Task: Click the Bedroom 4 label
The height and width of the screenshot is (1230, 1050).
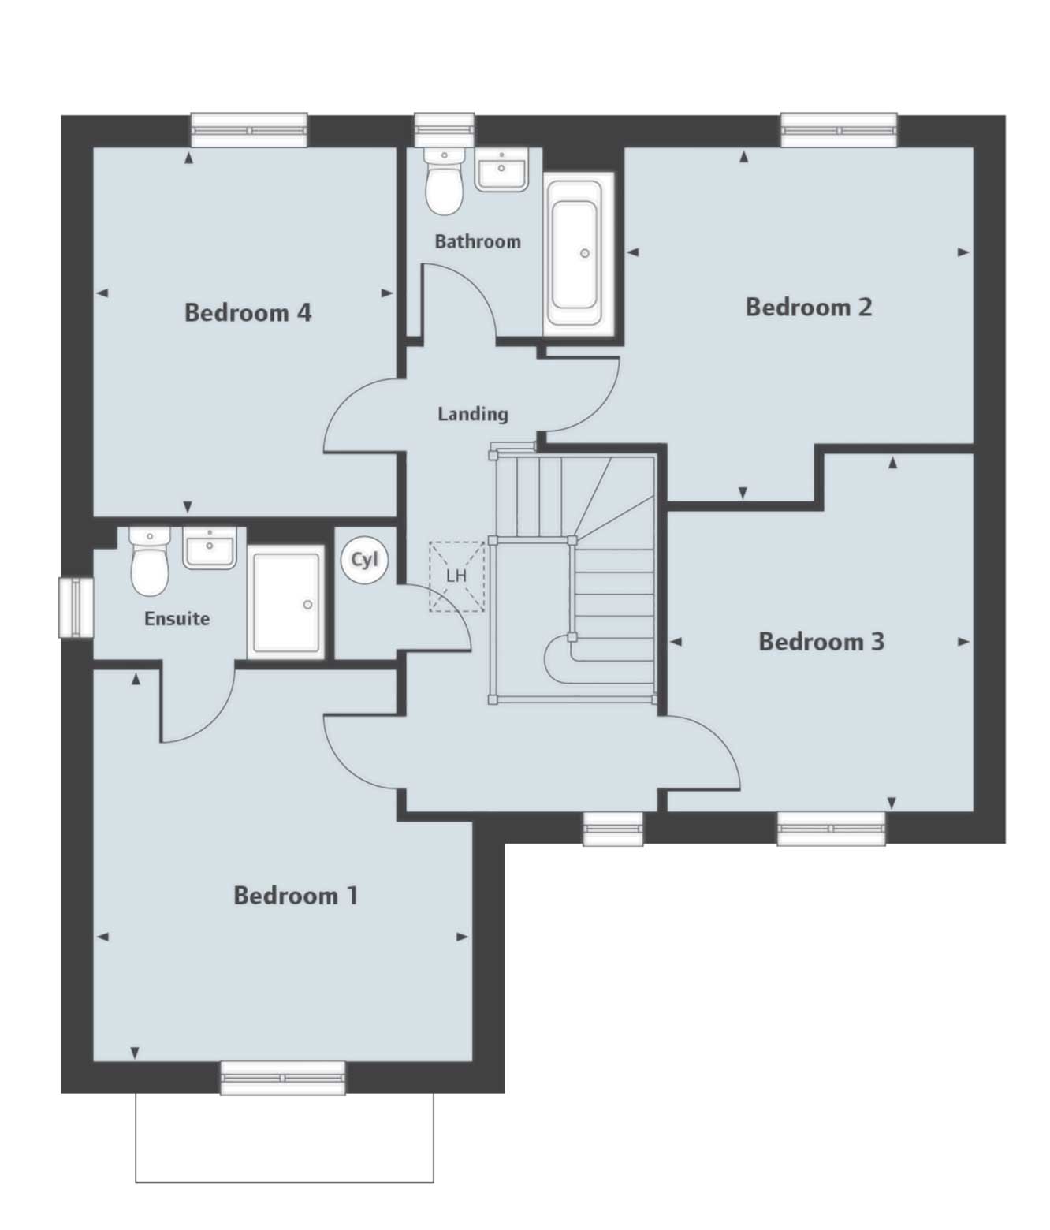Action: (x=248, y=313)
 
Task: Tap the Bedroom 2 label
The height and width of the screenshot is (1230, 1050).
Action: (x=809, y=307)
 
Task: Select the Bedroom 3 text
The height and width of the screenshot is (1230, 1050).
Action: (x=821, y=642)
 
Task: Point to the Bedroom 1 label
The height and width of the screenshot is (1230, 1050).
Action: (x=296, y=896)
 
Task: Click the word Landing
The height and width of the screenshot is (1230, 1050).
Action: (x=473, y=413)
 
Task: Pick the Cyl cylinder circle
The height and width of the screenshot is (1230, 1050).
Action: (x=364, y=560)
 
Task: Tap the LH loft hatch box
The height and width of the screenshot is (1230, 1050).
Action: (x=456, y=576)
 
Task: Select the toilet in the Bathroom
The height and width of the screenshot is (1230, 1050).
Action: (x=444, y=183)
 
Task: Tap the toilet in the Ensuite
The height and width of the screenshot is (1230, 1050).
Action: (x=149, y=562)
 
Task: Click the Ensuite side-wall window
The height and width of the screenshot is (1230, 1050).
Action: (x=76, y=608)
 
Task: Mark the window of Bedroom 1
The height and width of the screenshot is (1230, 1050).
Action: (x=283, y=1078)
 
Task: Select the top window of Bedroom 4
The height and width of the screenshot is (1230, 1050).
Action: (x=249, y=130)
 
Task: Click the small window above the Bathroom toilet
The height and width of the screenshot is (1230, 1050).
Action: (x=445, y=129)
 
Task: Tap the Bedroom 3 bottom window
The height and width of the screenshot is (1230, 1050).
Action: (x=831, y=828)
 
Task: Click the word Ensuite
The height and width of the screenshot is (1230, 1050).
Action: (x=177, y=619)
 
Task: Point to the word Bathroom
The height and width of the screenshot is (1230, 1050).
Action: (x=478, y=241)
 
